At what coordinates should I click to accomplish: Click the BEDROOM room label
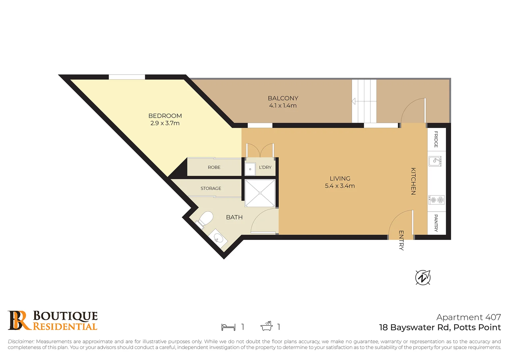coord(165,116)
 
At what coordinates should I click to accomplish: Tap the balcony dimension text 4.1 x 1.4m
coord(283,106)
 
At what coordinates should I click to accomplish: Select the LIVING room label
coord(340,178)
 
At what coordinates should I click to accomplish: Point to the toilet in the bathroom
coord(206,219)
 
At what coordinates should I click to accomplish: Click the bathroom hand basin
coord(218,238)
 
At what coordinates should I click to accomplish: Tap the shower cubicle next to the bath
coord(260,193)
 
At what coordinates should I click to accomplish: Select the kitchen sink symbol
coord(435,161)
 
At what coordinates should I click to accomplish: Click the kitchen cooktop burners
coord(437,200)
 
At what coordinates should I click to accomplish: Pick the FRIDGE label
coord(436,139)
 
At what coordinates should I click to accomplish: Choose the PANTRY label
coord(436,223)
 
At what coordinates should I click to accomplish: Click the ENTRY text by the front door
coord(401,240)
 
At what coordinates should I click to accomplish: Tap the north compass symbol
coord(423,277)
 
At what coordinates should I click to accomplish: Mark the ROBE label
coord(214,167)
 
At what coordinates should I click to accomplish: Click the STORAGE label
coord(211,188)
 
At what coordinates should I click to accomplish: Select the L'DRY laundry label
coord(265,167)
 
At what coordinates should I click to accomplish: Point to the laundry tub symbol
coord(250,169)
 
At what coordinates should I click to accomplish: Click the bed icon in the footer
coord(228,327)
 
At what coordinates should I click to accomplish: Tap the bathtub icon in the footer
coord(266,326)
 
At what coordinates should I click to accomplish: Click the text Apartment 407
coord(468,317)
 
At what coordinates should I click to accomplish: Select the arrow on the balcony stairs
coord(354,101)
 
